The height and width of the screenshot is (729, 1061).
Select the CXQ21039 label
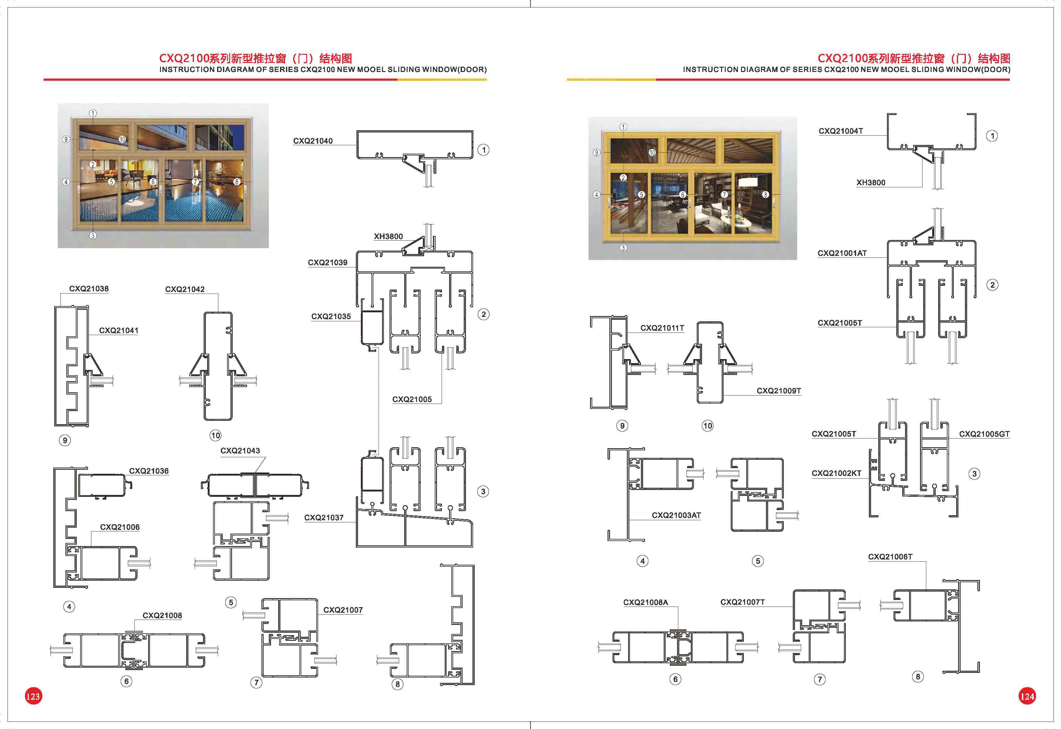(327, 263)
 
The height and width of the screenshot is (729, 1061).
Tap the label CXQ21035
(331, 317)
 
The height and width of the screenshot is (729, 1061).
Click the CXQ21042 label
(185, 290)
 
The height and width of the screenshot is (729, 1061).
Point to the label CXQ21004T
(841, 131)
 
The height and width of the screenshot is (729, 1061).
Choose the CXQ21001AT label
(842, 253)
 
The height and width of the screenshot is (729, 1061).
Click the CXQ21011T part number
(662, 328)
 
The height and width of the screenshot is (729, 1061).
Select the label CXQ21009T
(779, 391)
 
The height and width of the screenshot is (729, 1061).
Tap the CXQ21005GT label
(984, 434)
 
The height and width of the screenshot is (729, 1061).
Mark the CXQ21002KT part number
(836, 473)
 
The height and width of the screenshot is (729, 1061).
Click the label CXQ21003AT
(676, 515)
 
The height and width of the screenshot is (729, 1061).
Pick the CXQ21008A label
(646, 602)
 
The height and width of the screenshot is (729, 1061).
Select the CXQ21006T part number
(890, 557)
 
